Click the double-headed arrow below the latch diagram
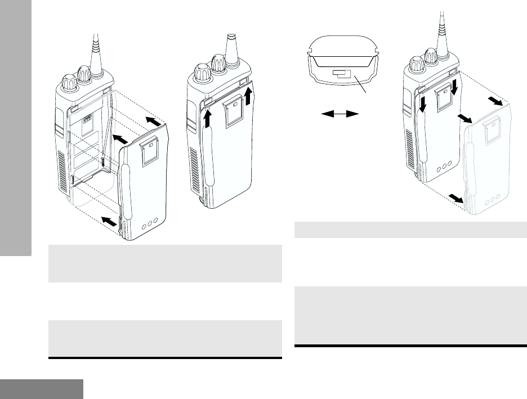(340, 114)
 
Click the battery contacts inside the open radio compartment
(87, 120)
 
